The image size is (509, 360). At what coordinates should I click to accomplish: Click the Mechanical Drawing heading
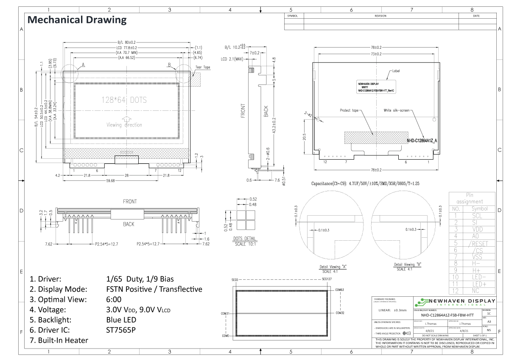coord(77,20)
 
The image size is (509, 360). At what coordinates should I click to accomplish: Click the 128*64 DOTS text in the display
coord(124,100)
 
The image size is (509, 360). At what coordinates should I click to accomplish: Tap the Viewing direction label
coord(124,125)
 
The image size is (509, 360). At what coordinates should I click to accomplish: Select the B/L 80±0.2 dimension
coord(126,42)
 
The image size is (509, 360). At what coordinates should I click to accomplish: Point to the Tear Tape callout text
coord(202,67)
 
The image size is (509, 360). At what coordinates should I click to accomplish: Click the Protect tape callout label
coord(349,110)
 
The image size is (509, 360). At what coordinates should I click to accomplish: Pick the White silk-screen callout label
coord(397,110)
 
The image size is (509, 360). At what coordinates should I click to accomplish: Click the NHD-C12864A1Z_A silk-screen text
coord(422,140)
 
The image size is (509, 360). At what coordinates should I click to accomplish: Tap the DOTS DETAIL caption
coord(244,239)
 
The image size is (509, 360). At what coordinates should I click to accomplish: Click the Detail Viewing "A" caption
coord(333,267)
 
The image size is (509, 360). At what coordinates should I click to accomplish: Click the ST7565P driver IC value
coord(121,330)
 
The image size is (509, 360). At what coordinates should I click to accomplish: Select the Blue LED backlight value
coord(121,320)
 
